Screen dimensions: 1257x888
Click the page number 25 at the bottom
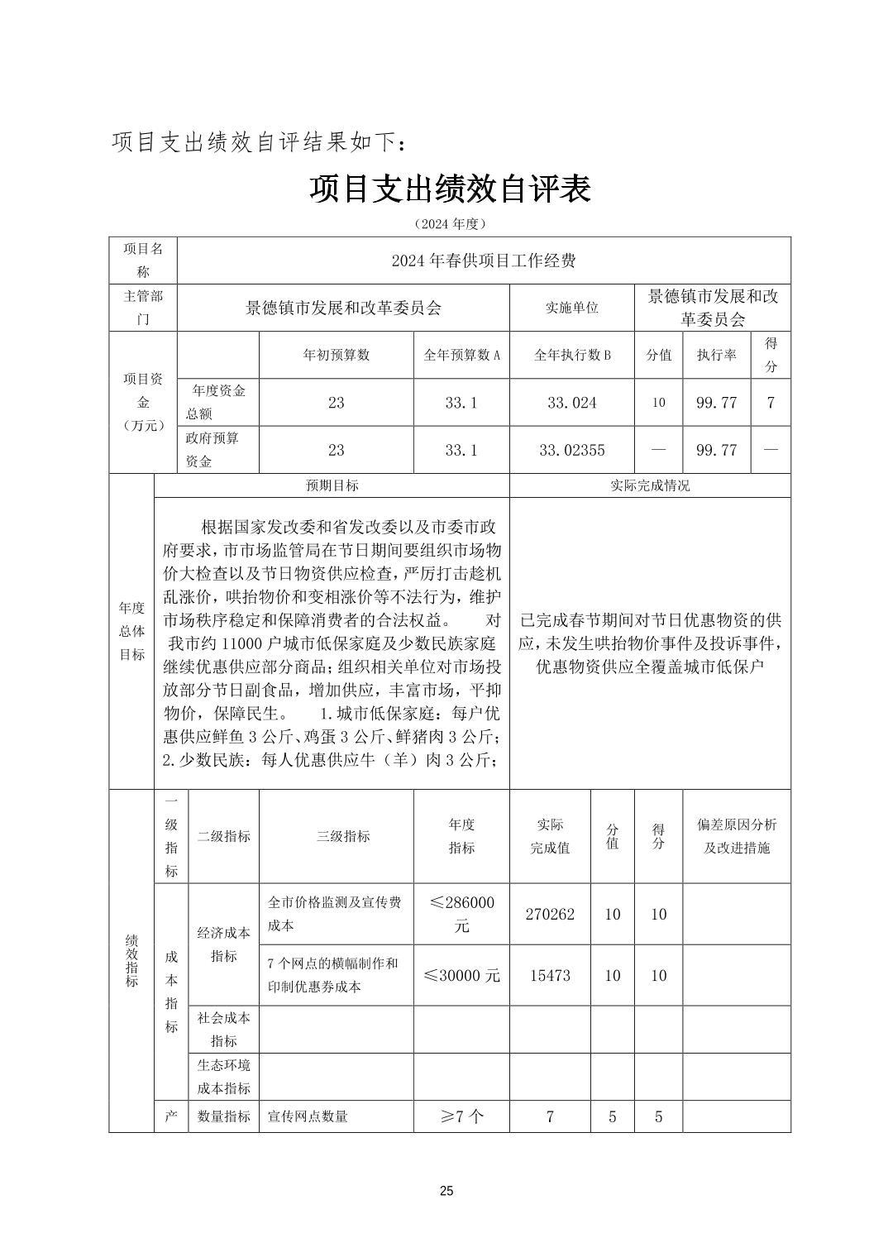446,1191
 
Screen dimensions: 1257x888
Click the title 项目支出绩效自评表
450,189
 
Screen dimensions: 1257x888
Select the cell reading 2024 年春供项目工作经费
484,261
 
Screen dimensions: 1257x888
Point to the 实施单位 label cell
571,308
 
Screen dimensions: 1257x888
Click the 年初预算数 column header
336,355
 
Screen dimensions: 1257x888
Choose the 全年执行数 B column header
571,355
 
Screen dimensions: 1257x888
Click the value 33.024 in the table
571,403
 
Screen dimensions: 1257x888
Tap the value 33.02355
571,450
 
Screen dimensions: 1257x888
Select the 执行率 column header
716,355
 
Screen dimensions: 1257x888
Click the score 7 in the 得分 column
771,403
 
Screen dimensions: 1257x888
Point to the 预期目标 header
332,485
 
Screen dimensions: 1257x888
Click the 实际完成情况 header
650,485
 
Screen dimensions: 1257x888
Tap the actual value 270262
550,914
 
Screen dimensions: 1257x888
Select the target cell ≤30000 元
461,975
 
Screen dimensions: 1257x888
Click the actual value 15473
550,975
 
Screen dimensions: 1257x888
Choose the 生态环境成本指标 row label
223,1077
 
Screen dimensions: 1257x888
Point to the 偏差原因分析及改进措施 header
737,836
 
